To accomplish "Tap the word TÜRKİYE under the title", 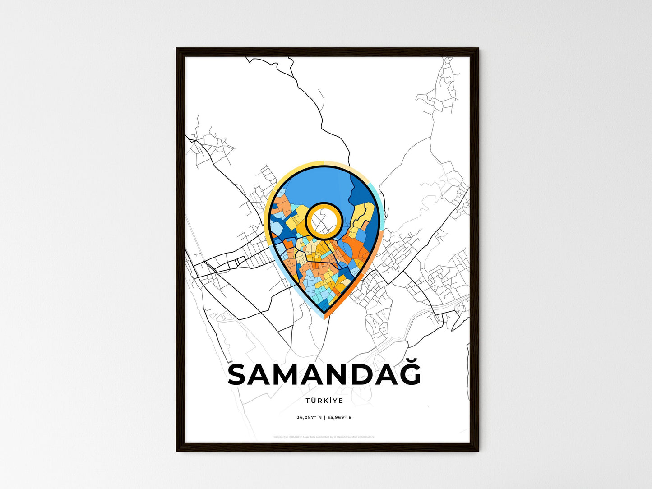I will click(x=324, y=401).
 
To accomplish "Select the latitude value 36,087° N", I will click(x=309, y=417).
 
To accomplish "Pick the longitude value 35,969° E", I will click(x=339, y=417).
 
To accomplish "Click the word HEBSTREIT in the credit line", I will click(x=295, y=437).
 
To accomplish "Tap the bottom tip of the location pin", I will click(x=324, y=312).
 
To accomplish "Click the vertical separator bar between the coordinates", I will click(x=324, y=417).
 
